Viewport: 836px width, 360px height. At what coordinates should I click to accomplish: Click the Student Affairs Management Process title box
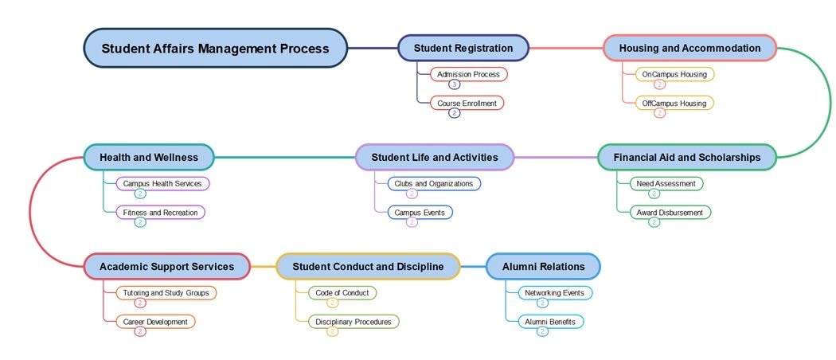pyautogui.click(x=215, y=49)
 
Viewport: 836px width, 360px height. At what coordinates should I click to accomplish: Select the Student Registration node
pyautogui.click(x=463, y=48)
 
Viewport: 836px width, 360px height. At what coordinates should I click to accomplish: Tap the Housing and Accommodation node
pyautogui.click(x=690, y=48)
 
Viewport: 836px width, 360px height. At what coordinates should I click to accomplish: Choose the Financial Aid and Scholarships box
pyautogui.click(x=686, y=157)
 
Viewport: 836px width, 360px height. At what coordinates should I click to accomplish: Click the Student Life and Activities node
pyautogui.click(x=435, y=157)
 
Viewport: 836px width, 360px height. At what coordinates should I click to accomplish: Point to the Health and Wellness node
pyautogui.click(x=149, y=157)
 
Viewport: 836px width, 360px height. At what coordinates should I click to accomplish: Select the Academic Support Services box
pyautogui.click(x=167, y=266)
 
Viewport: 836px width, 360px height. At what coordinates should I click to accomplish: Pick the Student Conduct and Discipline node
pyautogui.click(x=368, y=266)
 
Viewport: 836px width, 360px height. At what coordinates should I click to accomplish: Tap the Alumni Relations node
pyautogui.click(x=543, y=266)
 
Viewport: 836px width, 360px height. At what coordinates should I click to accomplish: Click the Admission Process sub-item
pyautogui.click(x=468, y=74)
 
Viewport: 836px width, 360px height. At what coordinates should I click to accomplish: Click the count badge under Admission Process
pyautogui.click(x=454, y=84)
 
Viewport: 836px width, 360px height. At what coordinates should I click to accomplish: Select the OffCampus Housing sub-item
pyautogui.click(x=674, y=103)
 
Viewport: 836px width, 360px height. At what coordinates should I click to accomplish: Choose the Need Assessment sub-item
pyautogui.click(x=666, y=183)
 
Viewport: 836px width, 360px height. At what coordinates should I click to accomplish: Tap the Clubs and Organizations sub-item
pyautogui.click(x=433, y=183)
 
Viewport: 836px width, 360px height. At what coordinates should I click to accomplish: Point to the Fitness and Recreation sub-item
pyautogui.click(x=160, y=212)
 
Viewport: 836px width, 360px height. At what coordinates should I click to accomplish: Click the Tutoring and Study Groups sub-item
pyautogui.click(x=166, y=292)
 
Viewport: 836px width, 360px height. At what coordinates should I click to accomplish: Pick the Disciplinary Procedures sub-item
pyautogui.click(x=353, y=321)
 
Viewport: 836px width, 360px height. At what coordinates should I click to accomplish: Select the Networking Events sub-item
pyautogui.click(x=553, y=292)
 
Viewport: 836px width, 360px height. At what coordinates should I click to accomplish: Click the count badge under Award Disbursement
pyautogui.click(x=654, y=222)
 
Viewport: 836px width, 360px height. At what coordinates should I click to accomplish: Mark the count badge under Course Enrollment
pyautogui.click(x=454, y=113)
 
